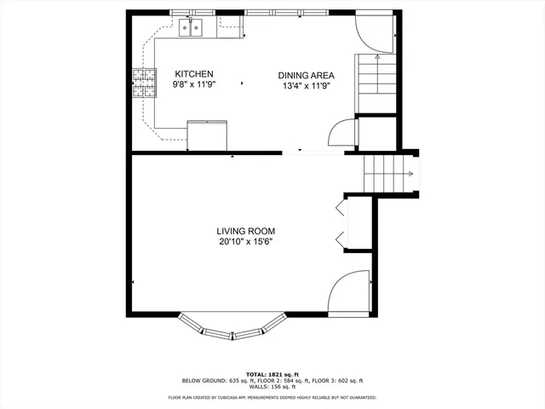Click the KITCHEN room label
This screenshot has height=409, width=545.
(x=193, y=74)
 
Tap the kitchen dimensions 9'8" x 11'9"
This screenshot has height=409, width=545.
(x=193, y=85)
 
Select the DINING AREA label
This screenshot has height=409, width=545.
(x=305, y=75)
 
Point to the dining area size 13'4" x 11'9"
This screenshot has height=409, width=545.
(x=305, y=85)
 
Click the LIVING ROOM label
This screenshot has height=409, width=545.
(x=245, y=231)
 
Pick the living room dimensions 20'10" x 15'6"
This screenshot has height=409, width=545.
(x=245, y=241)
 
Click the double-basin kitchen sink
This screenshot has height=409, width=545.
(x=191, y=31)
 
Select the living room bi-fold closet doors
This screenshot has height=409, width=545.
(x=341, y=223)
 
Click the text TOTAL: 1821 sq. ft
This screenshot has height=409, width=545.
(x=272, y=374)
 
